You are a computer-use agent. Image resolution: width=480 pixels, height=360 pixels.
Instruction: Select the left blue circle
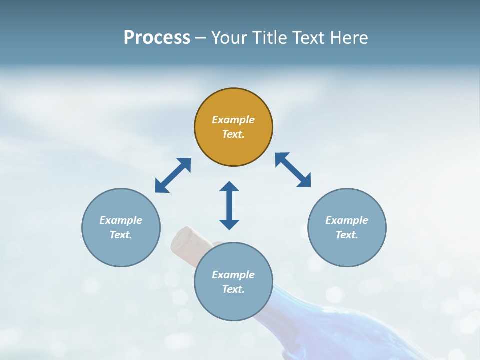tap(121, 250)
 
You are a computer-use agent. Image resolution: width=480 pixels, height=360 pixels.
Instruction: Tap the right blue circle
tap(347, 250)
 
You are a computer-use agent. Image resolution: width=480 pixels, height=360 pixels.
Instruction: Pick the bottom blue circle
tap(233, 305)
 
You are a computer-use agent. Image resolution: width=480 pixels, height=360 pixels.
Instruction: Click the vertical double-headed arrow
tap(229, 205)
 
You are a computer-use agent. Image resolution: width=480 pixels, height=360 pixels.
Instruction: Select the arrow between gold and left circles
tap(173, 175)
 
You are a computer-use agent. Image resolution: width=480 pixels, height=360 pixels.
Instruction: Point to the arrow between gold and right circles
tap(293, 170)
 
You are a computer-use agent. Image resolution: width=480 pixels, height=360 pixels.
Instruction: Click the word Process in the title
tap(157, 37)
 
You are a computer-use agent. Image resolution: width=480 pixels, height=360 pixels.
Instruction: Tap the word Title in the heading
tap(270, 37)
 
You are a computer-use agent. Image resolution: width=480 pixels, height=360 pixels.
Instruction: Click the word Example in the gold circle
tap(233, 120)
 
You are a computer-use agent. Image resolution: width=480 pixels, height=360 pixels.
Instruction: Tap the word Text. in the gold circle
tap(233, 134)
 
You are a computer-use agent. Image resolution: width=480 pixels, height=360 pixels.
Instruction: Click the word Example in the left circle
tap(121, 220)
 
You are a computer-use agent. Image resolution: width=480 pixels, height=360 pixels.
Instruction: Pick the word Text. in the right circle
tap(347, 235)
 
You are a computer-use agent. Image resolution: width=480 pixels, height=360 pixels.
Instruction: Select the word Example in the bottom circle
tap(233, 275)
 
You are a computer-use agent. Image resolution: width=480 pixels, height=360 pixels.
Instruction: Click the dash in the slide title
tap(200, 38)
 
